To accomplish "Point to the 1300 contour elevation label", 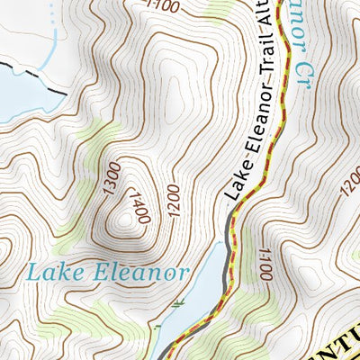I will (111, 178).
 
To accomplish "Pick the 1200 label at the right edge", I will (350, 186).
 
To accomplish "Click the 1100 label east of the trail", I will (264, 265).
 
